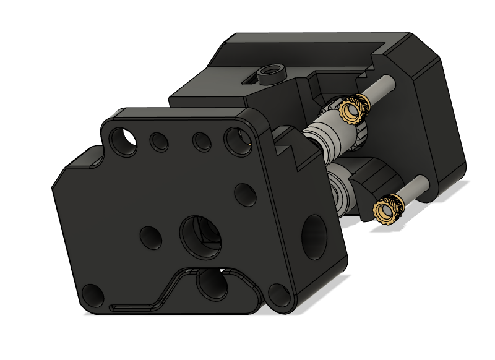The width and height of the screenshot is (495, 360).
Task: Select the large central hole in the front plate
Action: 200,236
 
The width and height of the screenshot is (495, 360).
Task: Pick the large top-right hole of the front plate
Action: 238,141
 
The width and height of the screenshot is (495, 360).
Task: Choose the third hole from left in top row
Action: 201,142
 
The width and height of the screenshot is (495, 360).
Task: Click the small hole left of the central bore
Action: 150,236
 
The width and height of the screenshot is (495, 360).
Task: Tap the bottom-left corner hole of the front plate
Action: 93,293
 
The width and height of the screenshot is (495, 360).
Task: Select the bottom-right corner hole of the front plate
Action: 278,296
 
